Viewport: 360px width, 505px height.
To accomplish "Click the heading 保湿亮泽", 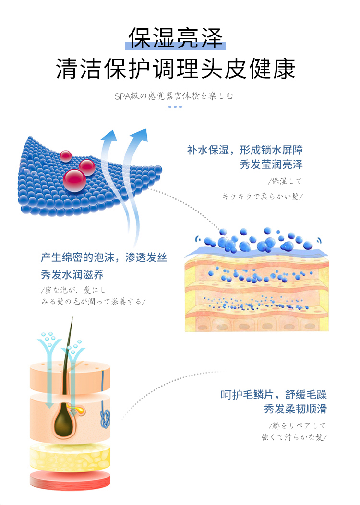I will pyautogui.click(x=175, y=39).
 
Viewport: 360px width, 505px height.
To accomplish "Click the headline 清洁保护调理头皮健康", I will pyautogui.click(x=175, y=69).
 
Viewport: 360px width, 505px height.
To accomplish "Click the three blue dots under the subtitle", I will pyautogui.click(x=175, y=106).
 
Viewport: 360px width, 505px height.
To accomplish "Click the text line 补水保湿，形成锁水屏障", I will pyautogui.click(x=245, y=150).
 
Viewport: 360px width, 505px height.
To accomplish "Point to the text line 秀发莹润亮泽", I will pyautogui.click(x=271, y=165).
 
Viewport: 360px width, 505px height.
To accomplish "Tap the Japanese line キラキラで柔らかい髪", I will pyautogui.click(x=263, y=196).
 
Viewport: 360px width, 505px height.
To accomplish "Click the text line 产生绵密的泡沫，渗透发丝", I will pyautogui.click(x=104, y=258).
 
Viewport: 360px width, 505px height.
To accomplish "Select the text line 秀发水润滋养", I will pyautogui.click(x=72, y=275).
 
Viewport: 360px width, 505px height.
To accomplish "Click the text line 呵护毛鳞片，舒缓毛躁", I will pyautogui.click(x=274, y=395).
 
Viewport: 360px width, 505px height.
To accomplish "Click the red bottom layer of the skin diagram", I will pyautogui.click(x=70, y=479).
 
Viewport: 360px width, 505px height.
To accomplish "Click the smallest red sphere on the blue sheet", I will pyautogui.click(x=66, y=155).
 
